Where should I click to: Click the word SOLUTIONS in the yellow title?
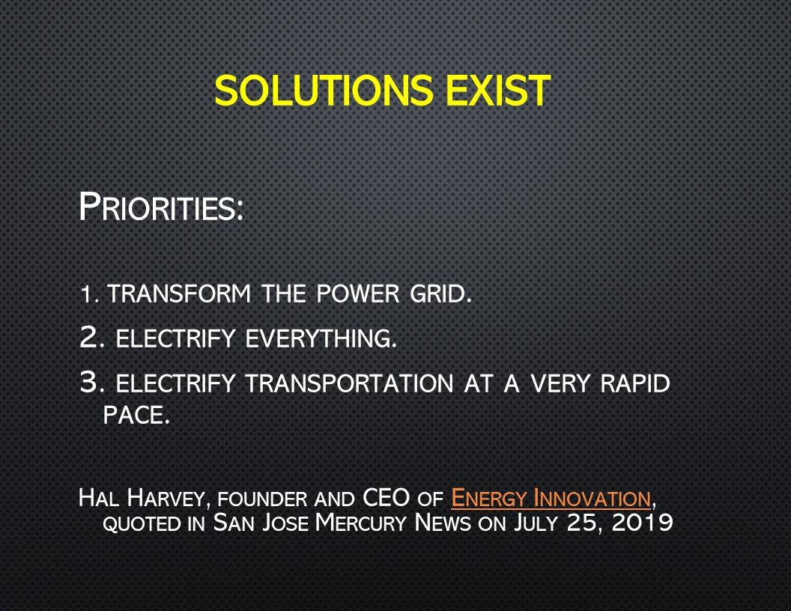pyautogui.click(x=324, y=91)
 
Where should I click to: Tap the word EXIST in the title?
pyautogui.click(x=498, y=91)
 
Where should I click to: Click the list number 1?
pyautogui.click(x=89, y=294)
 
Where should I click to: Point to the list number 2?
pyautogui.click(x=92, y=337)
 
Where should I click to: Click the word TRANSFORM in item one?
pyautogui.click(x=179, y=294)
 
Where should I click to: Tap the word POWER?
pyautogui.click(x=358, y=294)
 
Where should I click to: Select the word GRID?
pyautogui.click(x=440, y=294)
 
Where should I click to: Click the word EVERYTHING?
pyautogui.click(x=321, y=338)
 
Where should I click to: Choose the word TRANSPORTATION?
pyautogui.click(x=350, y=383)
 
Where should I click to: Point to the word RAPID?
pyautogui.click(x=635, y=383)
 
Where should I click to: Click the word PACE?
pyautogui.click(x=136, y=415)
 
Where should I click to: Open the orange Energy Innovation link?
pyautogui.click(x=551, y=498)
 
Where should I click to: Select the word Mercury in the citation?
pyautogui.click(x=361, y=523)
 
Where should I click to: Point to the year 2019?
pyautogui.click(x=642, y=523)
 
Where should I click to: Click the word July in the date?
pyautogui.click(x=536, y=523)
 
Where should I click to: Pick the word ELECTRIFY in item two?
pyautogui.click(x=175, y=338)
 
